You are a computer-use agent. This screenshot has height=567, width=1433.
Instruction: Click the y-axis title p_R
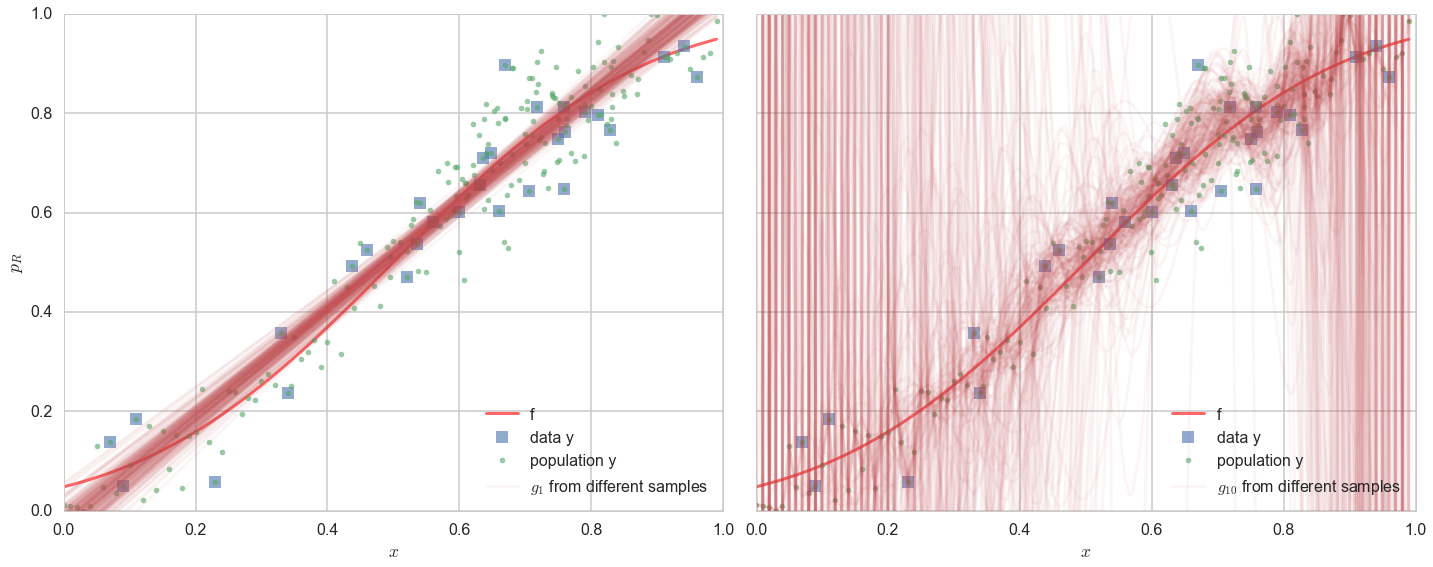point(15,262)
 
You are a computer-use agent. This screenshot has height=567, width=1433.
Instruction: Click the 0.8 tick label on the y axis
point(40,113)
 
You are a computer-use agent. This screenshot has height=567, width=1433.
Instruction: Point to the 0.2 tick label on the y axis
point(40,411)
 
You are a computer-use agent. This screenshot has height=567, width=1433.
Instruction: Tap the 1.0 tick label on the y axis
point(40,15)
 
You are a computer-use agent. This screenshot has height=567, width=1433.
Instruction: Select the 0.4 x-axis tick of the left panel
point(327,528)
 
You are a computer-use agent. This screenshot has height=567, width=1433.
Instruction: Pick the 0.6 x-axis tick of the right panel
point(1151,528)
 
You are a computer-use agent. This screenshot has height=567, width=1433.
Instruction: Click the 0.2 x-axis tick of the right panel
point(888,528)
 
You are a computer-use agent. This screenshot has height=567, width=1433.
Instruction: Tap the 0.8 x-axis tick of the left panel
point(590,528)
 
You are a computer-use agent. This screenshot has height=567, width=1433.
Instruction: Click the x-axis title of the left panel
point(393,552)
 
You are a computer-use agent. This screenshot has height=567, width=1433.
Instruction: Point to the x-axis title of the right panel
point(1085,552)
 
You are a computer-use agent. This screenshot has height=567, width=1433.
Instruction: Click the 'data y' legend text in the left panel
point(552,437)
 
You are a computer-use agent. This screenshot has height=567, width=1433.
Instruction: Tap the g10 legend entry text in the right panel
point(1308,487)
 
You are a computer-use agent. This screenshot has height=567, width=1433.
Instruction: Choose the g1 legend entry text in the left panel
point(618,487)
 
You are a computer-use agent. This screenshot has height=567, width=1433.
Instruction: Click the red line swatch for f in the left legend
point(502,413)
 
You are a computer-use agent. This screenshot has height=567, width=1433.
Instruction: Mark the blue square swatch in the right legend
point(1188,437)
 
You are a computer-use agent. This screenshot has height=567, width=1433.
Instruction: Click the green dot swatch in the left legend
point(502,461)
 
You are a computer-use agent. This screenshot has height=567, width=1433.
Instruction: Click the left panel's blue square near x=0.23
point(215,482)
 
